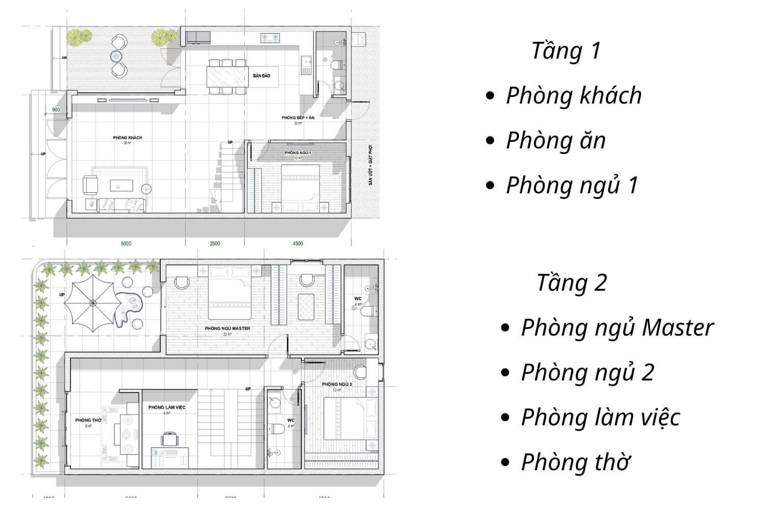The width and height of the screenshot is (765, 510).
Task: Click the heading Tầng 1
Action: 566,51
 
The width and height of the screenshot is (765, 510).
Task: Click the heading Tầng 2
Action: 572,283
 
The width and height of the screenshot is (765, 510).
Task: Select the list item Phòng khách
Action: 574,96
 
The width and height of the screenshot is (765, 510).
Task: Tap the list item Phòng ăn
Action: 556,141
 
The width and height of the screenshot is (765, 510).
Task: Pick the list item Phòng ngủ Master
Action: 617,328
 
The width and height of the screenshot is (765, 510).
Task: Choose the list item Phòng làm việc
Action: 600,417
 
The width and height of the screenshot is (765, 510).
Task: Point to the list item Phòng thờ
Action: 575,462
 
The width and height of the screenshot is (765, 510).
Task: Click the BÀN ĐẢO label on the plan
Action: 262,76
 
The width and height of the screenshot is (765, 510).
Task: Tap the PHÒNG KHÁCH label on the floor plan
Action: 127,138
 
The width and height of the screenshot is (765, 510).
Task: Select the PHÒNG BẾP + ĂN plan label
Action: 298,118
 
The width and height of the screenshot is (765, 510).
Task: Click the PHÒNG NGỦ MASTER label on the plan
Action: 227,328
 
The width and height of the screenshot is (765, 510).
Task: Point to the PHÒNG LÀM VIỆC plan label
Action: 167,407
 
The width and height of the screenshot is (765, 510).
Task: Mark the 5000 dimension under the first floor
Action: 126,244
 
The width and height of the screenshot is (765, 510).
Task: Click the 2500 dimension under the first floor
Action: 215,244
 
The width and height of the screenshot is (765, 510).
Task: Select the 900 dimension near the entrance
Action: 56,110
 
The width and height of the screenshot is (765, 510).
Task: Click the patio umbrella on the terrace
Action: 93,303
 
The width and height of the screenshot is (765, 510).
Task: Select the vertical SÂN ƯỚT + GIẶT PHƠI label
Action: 371,165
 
